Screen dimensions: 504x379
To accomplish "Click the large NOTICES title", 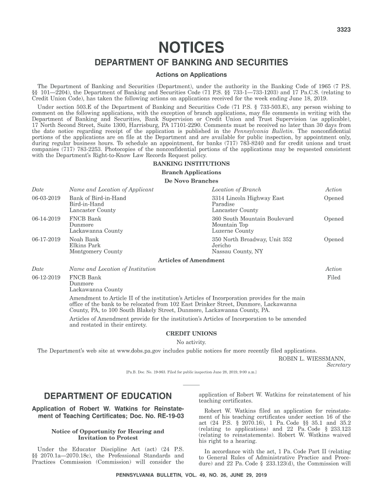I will (x=191, y=48).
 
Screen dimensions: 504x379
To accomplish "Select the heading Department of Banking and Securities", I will (x=191, y=63).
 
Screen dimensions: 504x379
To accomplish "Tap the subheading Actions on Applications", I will (x=191, y=75).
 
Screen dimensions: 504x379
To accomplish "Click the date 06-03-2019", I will (x=46, y=198).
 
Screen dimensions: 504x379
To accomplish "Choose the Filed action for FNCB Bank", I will (x=333, y=278).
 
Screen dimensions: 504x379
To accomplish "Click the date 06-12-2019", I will (x=46, y=278).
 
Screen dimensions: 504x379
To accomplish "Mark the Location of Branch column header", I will (x=236, y=189).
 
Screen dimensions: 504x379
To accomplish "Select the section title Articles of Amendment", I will (x=191, y=260).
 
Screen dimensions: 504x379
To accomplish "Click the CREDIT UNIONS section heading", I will (x=191, y=334).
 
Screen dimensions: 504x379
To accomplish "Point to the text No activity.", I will (x=191, y=342).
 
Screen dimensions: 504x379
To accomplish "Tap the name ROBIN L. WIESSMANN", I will (x=312, y=358).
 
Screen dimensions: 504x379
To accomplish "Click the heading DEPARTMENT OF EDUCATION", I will (x=108, y=396).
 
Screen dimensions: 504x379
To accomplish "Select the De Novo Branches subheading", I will (x=191, y=181).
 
